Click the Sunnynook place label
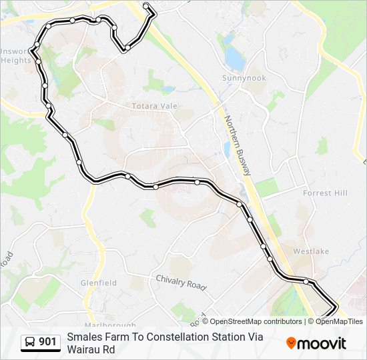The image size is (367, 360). tap(244, 78)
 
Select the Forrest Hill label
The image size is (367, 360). tap(326, 193)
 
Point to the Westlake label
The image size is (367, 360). tap(311, 251)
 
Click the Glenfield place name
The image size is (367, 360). tap(99, 283)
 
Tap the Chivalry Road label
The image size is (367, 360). tap(181, 283)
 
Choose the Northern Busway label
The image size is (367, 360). tap(238, 145)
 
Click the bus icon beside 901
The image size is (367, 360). tap(30, 343)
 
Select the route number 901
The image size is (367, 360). tap(48, 343)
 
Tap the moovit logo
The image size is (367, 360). tap(316, 343)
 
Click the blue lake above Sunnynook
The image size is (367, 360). tap(235, 59)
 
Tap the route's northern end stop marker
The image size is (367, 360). tap(146, 6)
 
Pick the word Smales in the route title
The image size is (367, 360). tap(83, 337)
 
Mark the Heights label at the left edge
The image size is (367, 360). tap(15, 60)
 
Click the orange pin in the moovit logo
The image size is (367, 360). tap(291, 343)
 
